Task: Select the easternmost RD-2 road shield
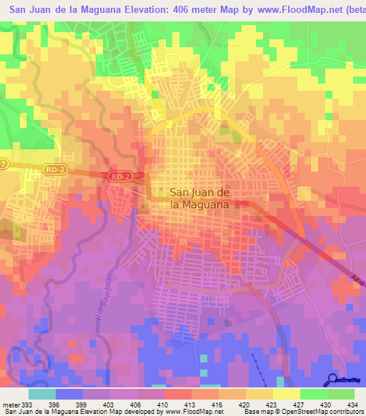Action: click(120, 175)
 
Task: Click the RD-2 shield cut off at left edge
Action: click(4, 164)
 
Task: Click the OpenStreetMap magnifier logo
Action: click(331, 379)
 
